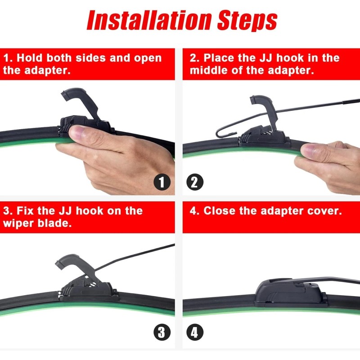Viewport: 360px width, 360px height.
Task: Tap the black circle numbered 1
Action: click(x=162, y=182)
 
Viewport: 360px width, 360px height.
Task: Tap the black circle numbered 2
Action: click(x=195, y=182)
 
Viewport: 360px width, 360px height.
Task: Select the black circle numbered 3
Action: click(x=162, y=333)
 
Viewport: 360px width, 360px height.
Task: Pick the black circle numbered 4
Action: click(x=195, y=333)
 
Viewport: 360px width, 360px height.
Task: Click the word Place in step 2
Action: click(x=220, y=58)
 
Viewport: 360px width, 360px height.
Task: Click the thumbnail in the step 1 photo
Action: click(x=79, y=134)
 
